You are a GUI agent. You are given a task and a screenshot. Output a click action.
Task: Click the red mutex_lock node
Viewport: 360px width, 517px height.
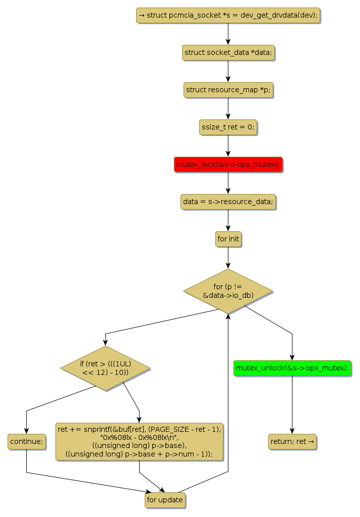tap(228, 165)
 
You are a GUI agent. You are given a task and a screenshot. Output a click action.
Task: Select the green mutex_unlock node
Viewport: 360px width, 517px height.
tap(292, 368)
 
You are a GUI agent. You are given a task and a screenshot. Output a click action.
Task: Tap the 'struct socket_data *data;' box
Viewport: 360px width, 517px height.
tap(228, 52)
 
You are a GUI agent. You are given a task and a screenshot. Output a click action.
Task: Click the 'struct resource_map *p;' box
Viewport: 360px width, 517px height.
tap(228, 90)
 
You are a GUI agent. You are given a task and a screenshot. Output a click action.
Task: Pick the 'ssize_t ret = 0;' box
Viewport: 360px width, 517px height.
tap(228, 127)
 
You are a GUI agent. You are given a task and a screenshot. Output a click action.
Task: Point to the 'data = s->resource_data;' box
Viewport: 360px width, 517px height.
tap(228, 202)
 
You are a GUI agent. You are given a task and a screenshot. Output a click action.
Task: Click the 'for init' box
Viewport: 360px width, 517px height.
tap(228, 239)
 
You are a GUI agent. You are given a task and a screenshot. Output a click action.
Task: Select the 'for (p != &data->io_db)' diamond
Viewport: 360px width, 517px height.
tap(228, 291)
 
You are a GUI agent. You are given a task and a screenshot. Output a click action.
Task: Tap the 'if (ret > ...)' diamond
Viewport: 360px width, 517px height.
tap(105, 368)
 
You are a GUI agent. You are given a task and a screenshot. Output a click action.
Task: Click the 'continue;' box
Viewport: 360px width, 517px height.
tap(26, 441)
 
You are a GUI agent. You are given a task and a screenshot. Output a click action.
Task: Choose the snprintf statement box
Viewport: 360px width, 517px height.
tap(139, 441)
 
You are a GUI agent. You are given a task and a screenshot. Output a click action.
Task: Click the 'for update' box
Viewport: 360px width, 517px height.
tap(164, 500)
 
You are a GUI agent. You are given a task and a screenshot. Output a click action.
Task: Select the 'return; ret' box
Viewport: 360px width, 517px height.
tap(292, 441)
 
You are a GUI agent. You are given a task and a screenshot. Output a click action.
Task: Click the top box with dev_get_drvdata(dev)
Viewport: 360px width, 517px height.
tap(228, 15)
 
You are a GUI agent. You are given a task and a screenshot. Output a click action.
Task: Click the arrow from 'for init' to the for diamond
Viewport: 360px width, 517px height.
tap(228, 257)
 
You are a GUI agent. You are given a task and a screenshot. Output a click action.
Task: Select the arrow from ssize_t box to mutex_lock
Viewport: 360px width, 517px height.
tap(228, 146)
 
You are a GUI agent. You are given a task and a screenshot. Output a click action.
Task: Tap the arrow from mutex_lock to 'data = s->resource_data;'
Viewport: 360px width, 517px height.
tap(228, 183)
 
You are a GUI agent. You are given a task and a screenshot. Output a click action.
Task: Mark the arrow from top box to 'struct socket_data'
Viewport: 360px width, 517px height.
tap(228, 34)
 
